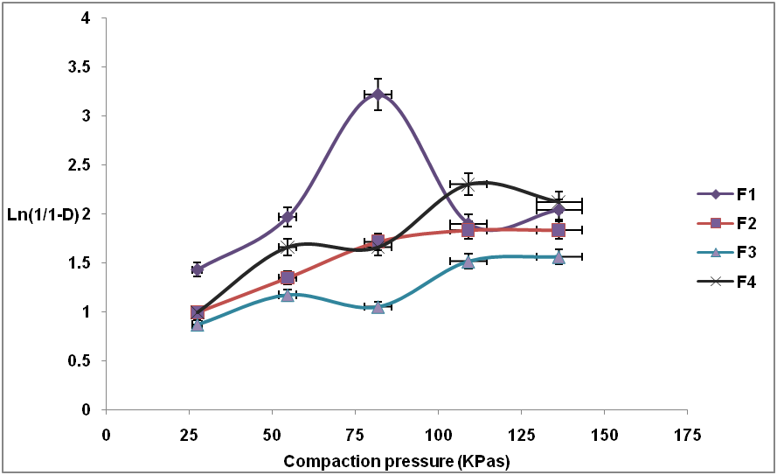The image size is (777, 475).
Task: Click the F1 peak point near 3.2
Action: coord(378,94)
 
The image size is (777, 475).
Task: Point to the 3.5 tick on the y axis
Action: coord(88,67)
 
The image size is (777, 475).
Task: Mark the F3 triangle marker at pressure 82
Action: coord(378,307)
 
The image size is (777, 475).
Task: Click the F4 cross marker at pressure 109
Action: coord(468,185)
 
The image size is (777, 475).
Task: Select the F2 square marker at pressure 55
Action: coord(288,278)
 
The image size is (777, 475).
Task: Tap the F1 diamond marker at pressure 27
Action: coord(198,269)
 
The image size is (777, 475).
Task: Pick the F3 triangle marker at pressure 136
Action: coord(558,257)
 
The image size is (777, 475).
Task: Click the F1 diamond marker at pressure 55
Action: coord(288,217)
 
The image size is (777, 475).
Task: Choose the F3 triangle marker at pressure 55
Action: coord(288,295)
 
